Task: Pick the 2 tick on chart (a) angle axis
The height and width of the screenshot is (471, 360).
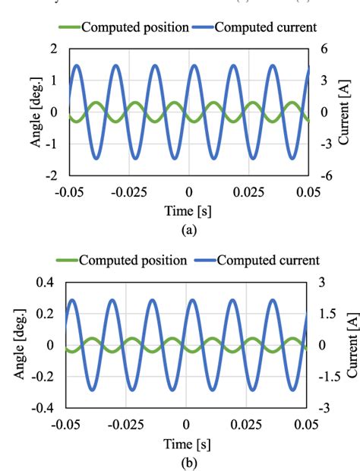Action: click(x=53, y=49)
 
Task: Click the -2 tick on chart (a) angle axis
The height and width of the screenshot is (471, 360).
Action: click(x=51, y=175)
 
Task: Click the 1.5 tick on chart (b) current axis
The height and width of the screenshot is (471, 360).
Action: click(x=327, y=313)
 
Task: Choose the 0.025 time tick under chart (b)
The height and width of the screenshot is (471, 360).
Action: click(x=248, y=424)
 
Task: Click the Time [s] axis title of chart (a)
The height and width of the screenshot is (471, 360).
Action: click(x=187, y=209)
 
